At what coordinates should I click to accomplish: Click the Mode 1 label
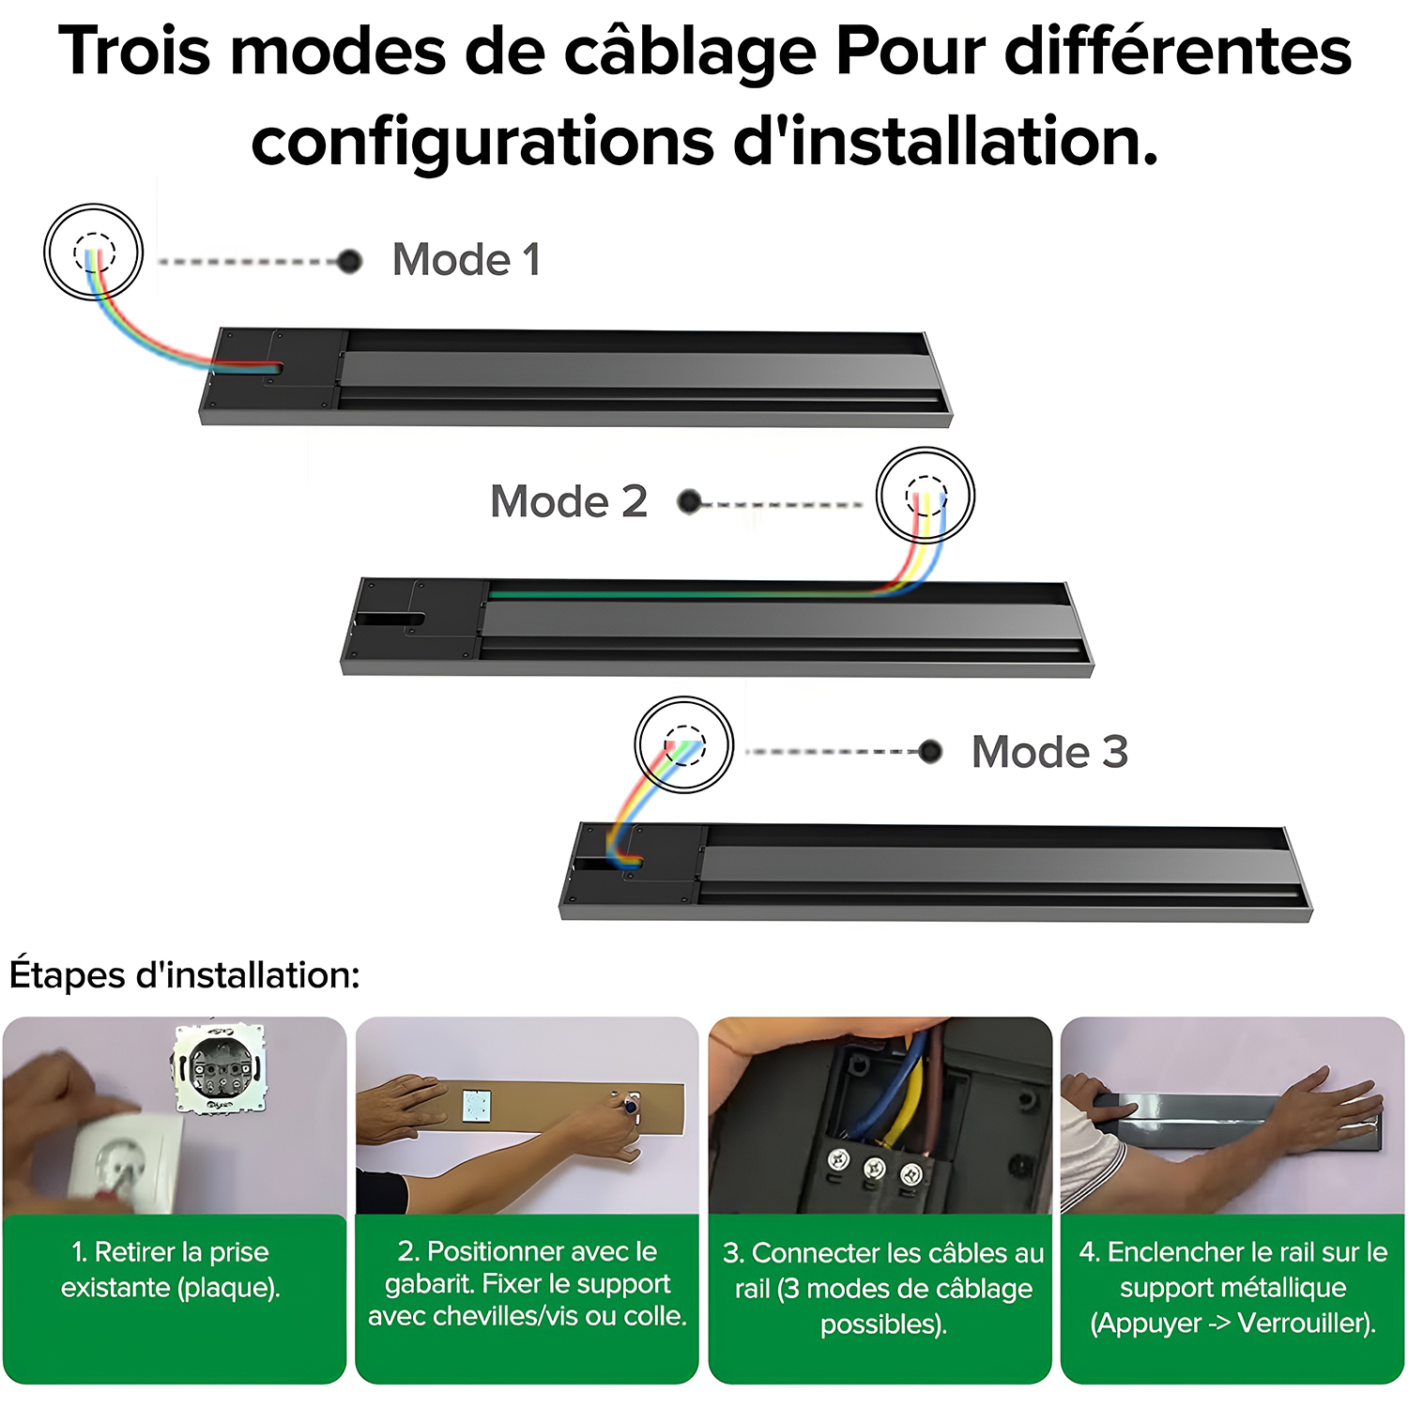pyautogui.click(x=467, y=259)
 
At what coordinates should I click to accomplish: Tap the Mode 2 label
pyautogui.click(x=569, y=501)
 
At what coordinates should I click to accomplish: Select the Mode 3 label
pyautogui.click(x=1049, y=752)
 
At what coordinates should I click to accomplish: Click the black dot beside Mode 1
pyautogui.click(x=350, y=261)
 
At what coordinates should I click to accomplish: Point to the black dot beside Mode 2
pyautogui.click(x=690, y=502)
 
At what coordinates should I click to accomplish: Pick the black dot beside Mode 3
pyautogui.click(x=930, y=751)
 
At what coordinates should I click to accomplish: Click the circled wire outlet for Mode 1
pyautogui.click(x=94, y=252)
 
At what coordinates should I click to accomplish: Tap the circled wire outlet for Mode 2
pyautogui.click(x=926, y=495)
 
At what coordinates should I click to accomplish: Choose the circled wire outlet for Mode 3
pyautogui.click(x=684, y=744)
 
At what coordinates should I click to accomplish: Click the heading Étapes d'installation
pyautogui.click(x=185, y=975)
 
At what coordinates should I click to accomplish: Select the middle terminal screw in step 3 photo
pyautogui.click(x=875, y=1169)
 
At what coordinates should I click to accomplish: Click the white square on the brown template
pyautogui.click(x=476, y=1105)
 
